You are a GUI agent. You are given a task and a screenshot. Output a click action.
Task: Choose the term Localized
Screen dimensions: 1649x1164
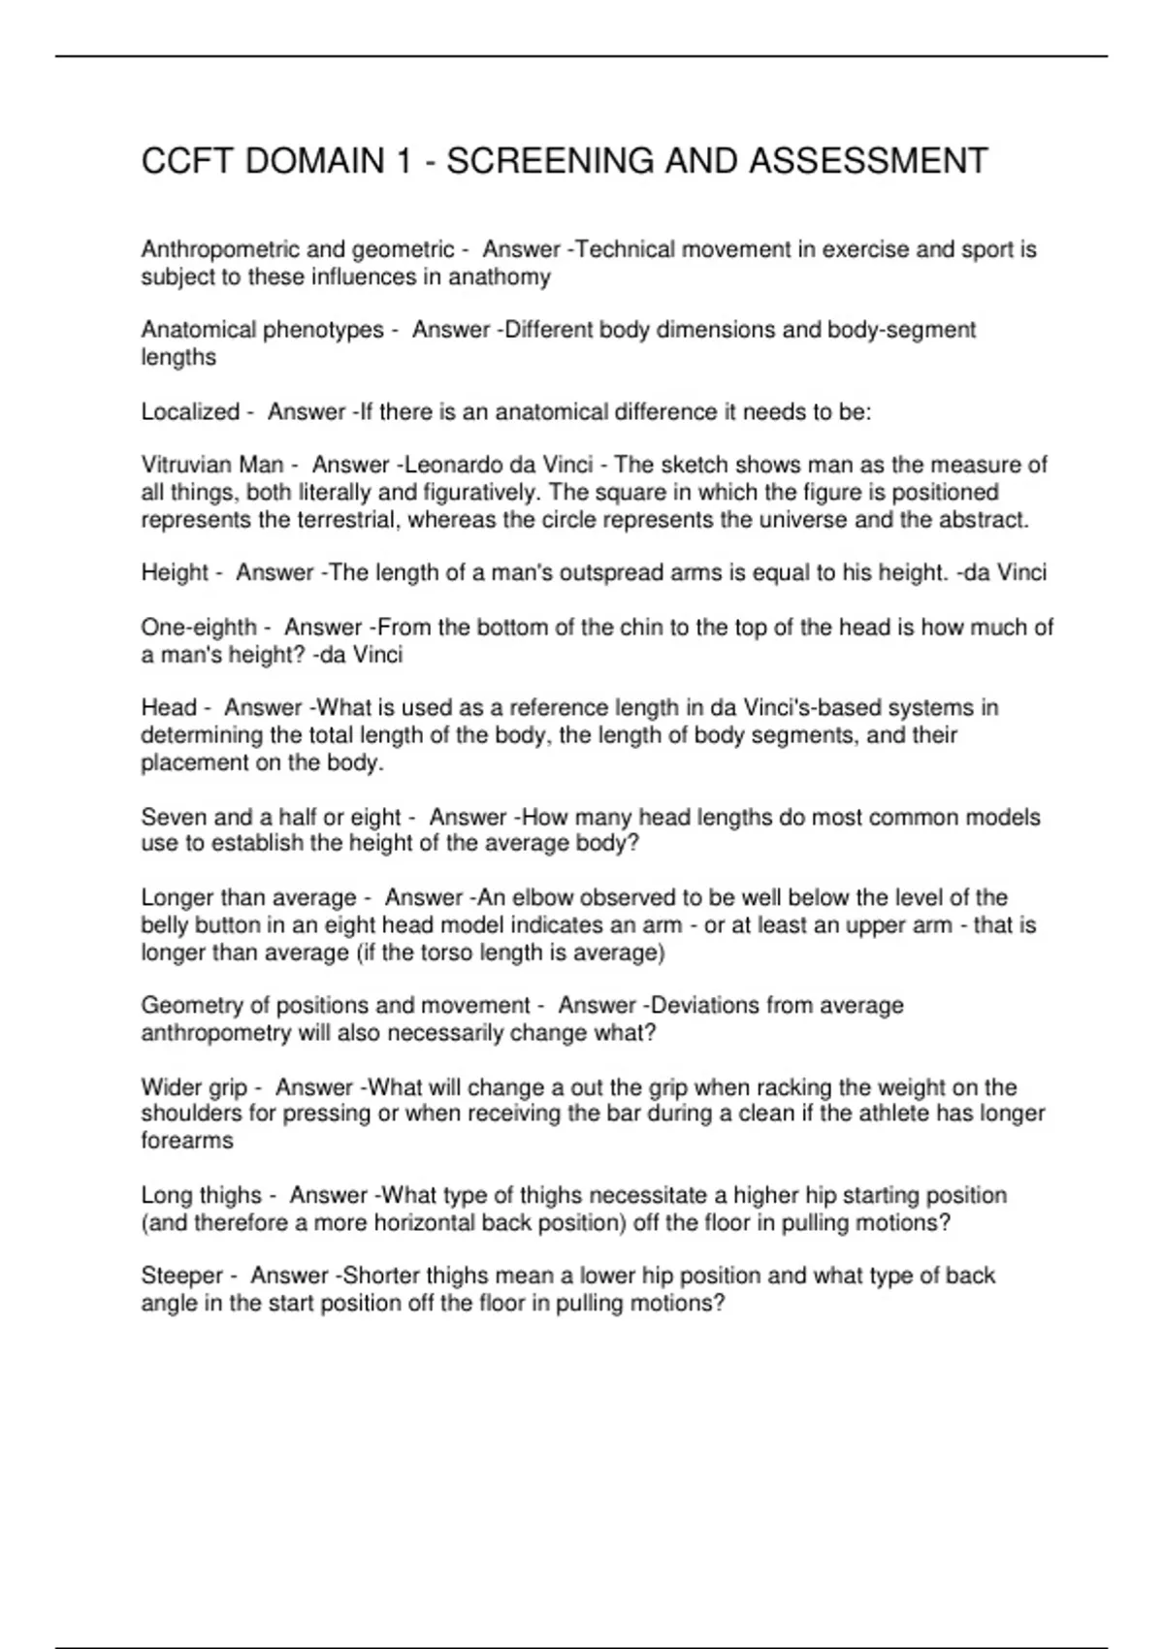(x=190, y=412)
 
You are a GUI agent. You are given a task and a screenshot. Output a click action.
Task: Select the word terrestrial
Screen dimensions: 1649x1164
(x=339, y=520)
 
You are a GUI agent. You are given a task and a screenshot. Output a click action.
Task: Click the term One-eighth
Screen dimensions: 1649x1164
(x=198, y=628)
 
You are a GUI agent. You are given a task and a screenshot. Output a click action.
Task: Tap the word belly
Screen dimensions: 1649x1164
(x=167, y=925)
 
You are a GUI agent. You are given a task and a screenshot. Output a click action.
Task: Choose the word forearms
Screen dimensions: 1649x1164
(x=187, y=1141)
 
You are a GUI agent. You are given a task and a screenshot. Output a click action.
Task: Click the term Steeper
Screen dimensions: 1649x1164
(x=181, y=1276)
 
